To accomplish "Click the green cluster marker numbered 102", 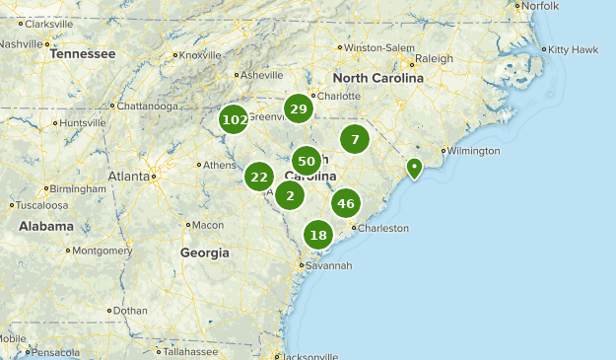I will pos(235,120).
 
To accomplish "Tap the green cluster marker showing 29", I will pos(299,108).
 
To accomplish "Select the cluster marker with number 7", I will pos(355,138).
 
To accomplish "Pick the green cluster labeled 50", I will pos(307,161).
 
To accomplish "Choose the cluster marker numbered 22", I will pos(259,178).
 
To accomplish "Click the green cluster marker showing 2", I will pos(290,195).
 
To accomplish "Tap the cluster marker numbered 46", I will pos(345,204).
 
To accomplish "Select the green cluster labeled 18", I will pos(318,235).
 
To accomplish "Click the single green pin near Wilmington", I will pos(416,169).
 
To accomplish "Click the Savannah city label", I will pos(328,265).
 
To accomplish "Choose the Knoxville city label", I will pos(201,55).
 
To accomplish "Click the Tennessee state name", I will pos(83,54).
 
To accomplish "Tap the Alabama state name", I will pos(45,226).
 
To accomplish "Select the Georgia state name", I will pos(204,252).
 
